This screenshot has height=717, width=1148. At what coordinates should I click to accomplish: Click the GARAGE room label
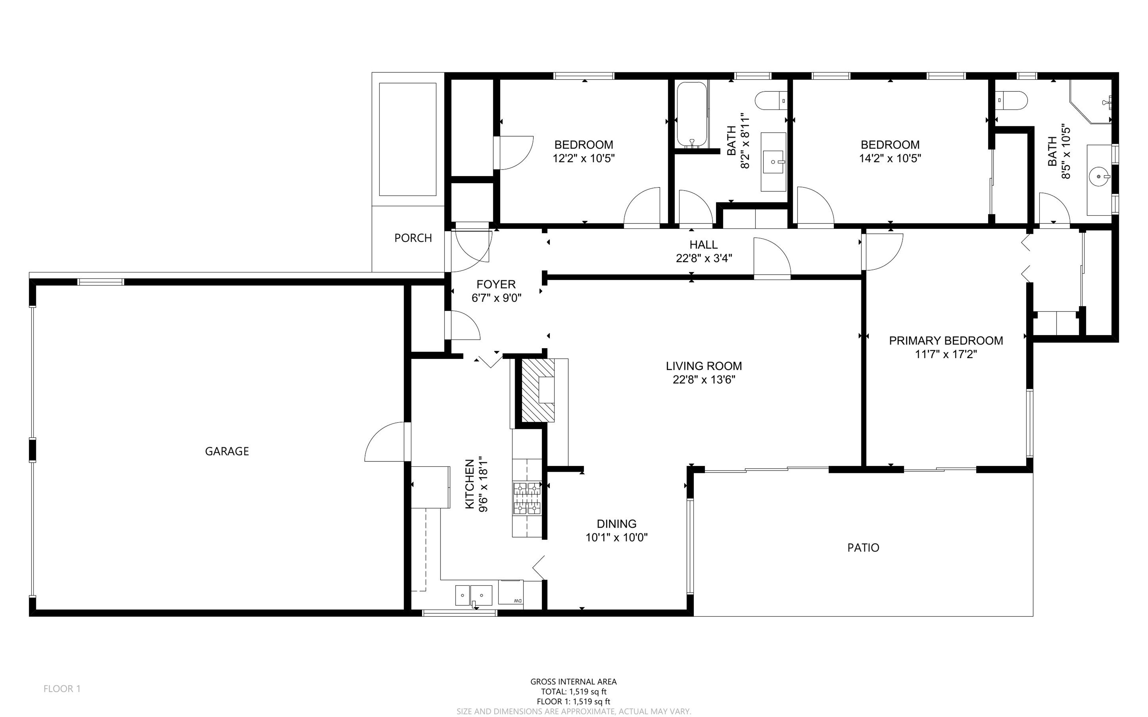(227, 451)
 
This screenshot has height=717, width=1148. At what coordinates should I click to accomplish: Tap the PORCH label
(413, 238)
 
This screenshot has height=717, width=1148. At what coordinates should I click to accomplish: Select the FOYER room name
(496, 284)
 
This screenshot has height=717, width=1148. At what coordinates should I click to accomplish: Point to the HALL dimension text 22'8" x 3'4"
(704, 258)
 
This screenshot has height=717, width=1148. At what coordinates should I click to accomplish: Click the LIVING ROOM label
(704, 366)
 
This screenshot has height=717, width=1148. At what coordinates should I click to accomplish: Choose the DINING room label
(616, 523)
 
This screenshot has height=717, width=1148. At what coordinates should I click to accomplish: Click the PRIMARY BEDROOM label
(946, 341)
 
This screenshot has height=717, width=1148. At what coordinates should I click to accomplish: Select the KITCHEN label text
(470, 484)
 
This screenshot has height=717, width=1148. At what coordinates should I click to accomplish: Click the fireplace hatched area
(538, 390)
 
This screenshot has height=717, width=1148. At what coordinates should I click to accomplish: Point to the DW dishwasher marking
(517, 601)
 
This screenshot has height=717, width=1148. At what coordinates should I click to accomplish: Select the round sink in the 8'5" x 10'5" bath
(1099, 177)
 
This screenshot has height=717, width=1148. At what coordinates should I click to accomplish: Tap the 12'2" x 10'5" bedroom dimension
(584, 158)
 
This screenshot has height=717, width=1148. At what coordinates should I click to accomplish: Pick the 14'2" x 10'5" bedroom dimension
(890, 158)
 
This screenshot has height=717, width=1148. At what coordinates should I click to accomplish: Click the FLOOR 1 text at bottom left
(62, 689)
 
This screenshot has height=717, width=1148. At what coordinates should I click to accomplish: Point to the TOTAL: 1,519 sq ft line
(574, 691)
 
